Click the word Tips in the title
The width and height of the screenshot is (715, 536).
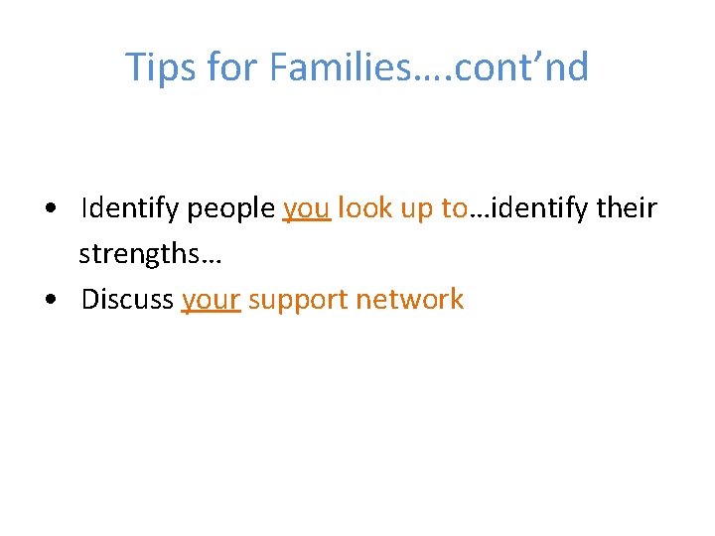pyautogui.click(x=158, y=67)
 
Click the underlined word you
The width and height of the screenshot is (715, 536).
pyautogui.click(x=306, y=209)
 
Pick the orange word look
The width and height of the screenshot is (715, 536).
pyautogui.click(x=362, y=208)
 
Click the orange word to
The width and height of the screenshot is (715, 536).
pyautogui.click(x=454, y=208)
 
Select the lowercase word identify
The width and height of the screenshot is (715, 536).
pyautogui.click(x=535, y=208)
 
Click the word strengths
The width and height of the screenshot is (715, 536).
pyautogui.click(x=138, y=254)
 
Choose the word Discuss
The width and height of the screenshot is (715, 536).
pyautogui.click(x=128, y=300)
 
